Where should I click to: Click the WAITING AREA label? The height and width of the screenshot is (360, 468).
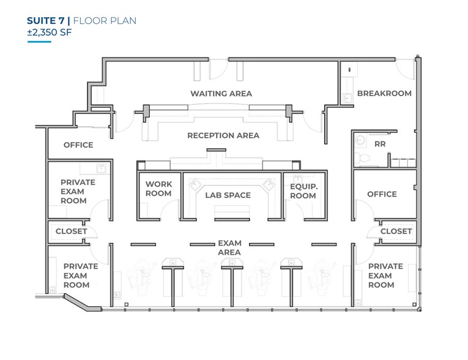[x=221, y=94]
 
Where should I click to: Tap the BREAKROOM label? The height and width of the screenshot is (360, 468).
[x=384, y=94]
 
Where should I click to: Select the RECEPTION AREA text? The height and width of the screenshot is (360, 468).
[x=223, y=135]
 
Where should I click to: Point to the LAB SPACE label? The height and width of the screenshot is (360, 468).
[x=228, y=195]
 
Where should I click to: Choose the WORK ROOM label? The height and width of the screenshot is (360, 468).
[x=158, y=189]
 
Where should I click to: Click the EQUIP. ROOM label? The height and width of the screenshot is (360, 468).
[x=303, y=190]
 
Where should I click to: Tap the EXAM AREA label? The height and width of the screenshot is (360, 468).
[x=229, y=247]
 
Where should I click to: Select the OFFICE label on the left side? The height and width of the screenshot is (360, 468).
[x=78, y=145]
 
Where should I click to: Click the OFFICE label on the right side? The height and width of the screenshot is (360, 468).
[x=382, y=194]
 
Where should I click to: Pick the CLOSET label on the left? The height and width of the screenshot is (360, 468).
[x=71, y=231]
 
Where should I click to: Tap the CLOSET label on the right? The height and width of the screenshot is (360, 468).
[x=396, y=231]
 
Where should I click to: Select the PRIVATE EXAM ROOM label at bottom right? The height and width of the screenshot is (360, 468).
[x=385, y=276]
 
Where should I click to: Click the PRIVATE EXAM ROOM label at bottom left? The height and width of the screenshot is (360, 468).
[x=80, y=276]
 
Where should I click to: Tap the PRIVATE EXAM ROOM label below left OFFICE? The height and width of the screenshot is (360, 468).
[x=77, y=191]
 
